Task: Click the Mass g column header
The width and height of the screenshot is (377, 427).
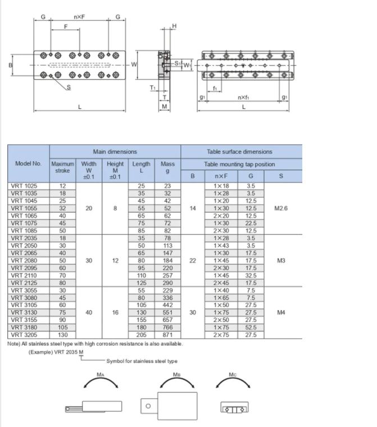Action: [167, 167]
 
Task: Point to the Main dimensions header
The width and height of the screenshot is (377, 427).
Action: [115, 152]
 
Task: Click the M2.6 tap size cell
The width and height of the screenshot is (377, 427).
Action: [281, 208]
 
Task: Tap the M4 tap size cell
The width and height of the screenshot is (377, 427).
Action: [281, 312]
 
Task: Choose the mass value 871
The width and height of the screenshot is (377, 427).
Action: [167, 335]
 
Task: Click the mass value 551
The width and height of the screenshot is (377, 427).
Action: [167, 312]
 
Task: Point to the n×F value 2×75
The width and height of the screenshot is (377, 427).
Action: [220, 335]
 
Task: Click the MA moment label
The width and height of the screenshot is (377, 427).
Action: [101, 373]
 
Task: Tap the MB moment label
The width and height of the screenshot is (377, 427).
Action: [177, 373]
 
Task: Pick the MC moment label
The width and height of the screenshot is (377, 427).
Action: [233, 373]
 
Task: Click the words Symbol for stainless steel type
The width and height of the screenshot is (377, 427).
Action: [142, 361]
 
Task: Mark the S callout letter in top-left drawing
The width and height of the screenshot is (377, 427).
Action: [69, 87]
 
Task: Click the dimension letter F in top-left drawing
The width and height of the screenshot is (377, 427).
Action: [66, 26]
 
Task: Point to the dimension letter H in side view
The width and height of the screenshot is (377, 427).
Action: [174, 26]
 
